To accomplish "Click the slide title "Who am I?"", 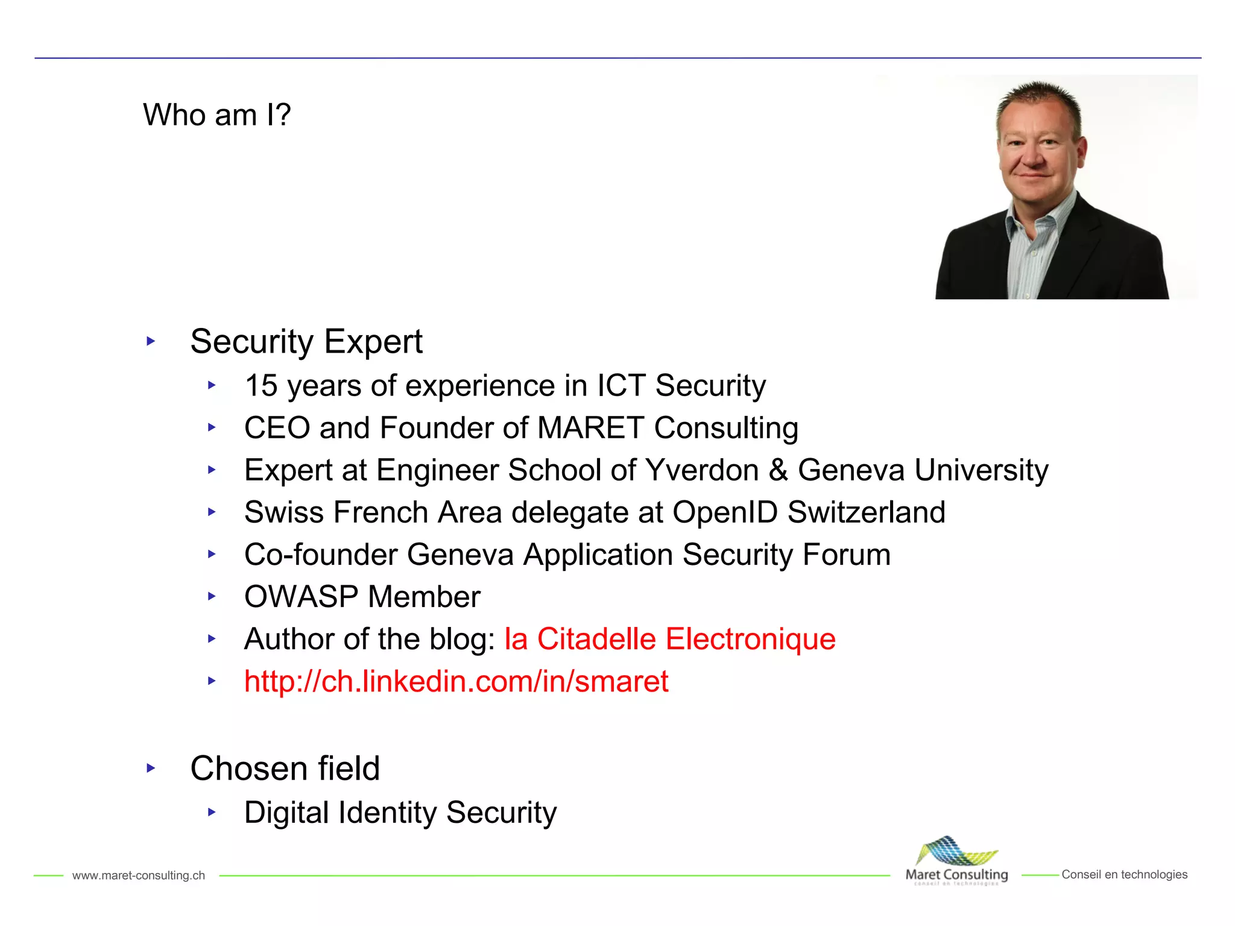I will click(217, 115).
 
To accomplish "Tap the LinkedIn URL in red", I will click(456, 681).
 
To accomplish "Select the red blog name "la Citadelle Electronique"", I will click(669, 639).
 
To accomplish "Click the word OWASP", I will click(301, 597).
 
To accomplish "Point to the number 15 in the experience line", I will click(261, 386).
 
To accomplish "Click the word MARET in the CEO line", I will click(590, 428).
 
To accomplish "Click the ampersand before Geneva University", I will click(779, 470).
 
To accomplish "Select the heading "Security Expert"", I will click(306, 341).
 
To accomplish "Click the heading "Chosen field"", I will click(285, 768).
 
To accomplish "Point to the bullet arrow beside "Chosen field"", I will click(151, 768).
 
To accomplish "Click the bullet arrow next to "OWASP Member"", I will click(212, 596).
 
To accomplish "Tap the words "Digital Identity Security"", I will click(400, 813).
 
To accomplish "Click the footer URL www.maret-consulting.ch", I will click(139, 875).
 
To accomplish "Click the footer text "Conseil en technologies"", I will click(1124, 875).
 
